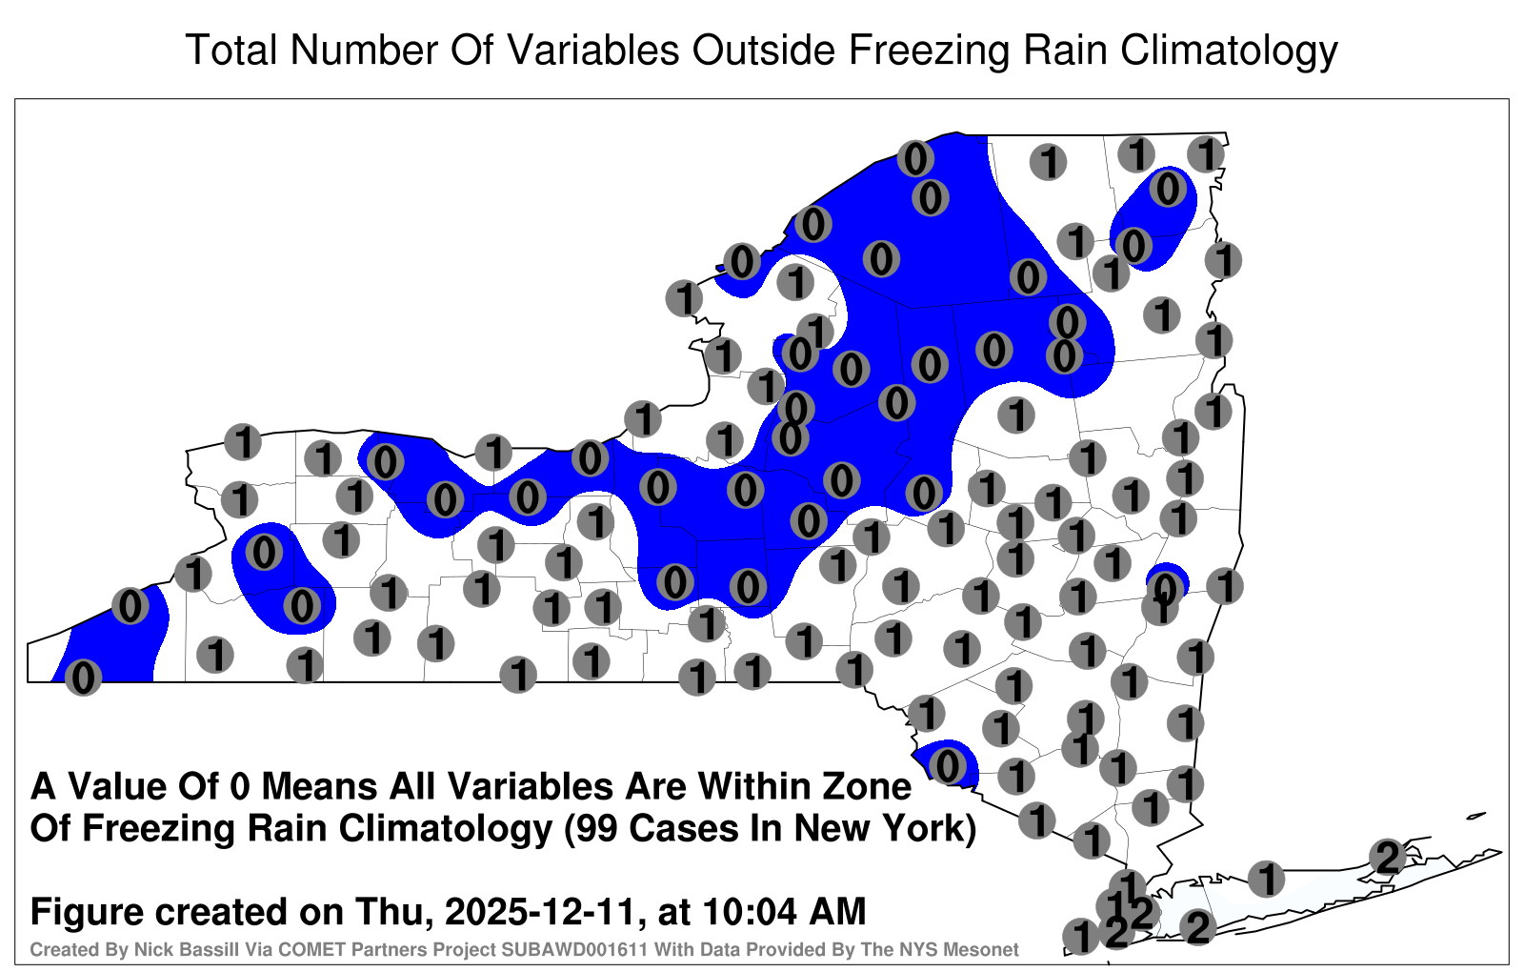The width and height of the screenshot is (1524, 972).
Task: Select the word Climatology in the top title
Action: coord(1229,51)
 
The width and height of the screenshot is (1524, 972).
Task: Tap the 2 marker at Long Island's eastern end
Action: coord(1388,857)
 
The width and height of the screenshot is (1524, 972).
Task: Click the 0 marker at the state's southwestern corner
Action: coord(83,678)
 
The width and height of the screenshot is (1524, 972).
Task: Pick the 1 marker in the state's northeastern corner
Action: coord(1206,154)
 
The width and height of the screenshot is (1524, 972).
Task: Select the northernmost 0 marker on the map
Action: coord(915,158)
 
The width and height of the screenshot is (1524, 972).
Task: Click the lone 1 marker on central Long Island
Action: coord(1266,879)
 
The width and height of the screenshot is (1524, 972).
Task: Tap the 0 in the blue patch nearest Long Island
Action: coord(947,766)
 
